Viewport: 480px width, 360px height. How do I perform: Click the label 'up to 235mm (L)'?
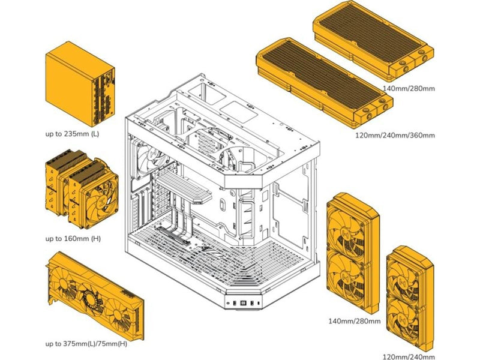(x=72, y=134)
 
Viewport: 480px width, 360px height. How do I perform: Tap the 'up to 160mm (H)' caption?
(x=73, y=238)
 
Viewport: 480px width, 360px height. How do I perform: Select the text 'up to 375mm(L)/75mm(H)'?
(x=86, y=344)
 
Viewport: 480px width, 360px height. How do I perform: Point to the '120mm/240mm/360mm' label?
(x=395, y=135)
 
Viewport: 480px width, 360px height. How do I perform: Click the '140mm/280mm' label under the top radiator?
(x=409, y=88)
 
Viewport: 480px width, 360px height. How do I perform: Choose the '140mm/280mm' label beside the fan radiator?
(x=355, y=321)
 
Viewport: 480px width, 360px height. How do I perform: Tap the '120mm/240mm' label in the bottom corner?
(x=409, y=356)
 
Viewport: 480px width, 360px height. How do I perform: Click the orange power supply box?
(x=80, y=84)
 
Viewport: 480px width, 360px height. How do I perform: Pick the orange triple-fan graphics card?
(x=95, y=296)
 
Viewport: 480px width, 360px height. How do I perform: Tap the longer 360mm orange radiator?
(x=325, y=82)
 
